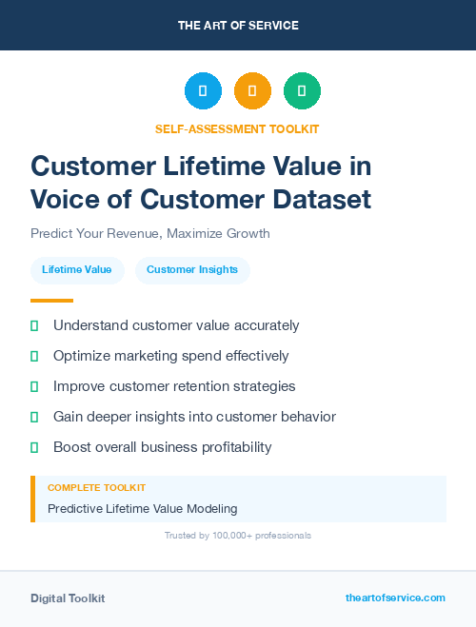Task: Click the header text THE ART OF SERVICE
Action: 238,26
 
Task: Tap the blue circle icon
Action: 203,91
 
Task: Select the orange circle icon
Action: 252,91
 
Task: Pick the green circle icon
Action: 302,91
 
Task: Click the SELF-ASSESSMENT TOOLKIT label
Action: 238,128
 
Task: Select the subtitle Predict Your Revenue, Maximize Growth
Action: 150,233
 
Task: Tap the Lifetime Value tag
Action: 77,270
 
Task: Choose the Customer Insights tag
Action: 192,270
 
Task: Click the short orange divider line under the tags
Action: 51,300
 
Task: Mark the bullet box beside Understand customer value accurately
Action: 34,325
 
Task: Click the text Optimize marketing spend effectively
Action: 170,356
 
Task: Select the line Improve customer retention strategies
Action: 174,386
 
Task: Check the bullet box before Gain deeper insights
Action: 34,417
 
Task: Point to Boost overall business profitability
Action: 162,447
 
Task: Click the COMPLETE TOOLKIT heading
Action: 96,487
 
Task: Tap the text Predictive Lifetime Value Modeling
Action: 142,509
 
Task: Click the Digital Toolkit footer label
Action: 68,598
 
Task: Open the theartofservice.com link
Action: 395,598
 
